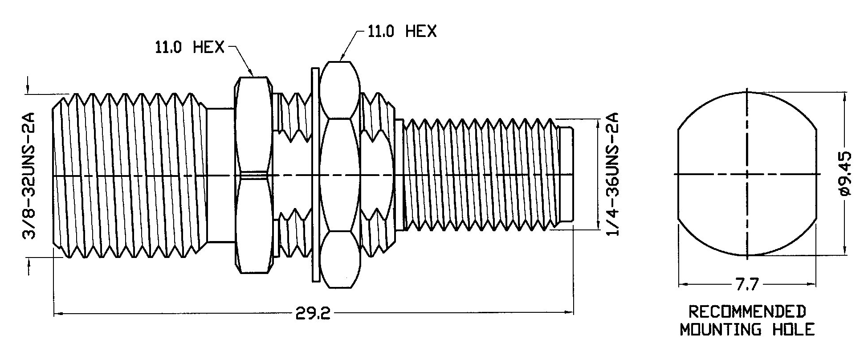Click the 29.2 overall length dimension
(x=313, y=314)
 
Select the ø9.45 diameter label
(x=845, y=174)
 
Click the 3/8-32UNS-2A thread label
(x=29, y=176)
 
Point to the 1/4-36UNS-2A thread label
(x=613, y=175)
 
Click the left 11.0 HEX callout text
(x=190, y=47)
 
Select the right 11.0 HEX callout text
(x=402, y=31)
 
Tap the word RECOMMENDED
(x=747, y=311)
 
